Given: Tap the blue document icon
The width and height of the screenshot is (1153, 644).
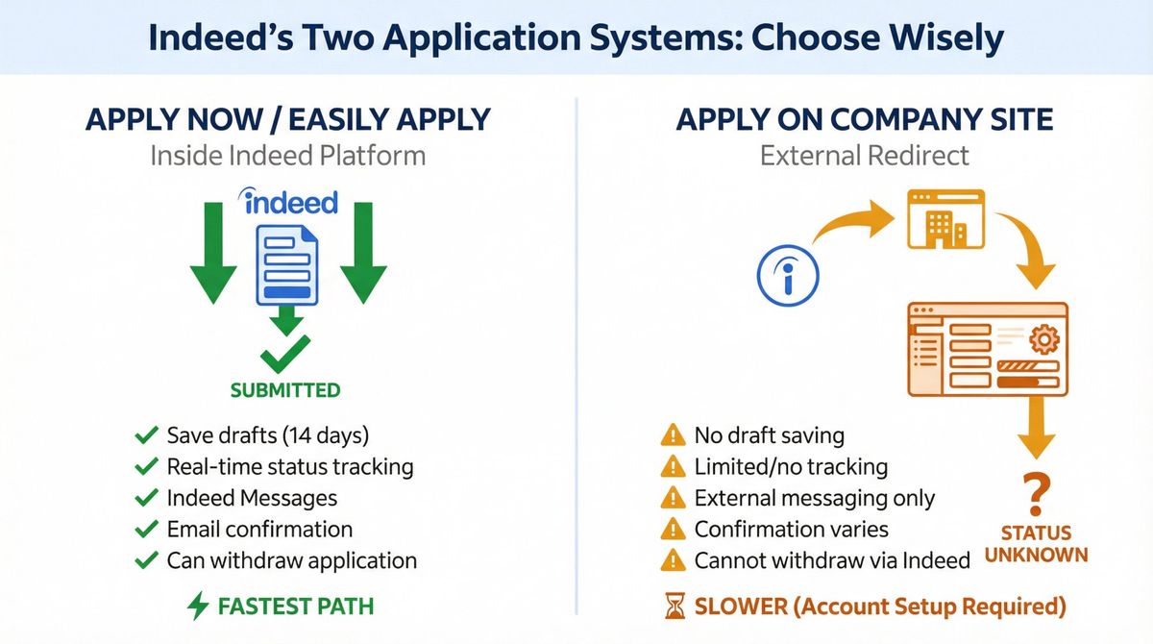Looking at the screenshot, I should [287, 265].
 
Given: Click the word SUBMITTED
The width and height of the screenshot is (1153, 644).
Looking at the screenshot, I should [284, 390].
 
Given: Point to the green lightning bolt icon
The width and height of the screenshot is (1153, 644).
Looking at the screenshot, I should [197, 606].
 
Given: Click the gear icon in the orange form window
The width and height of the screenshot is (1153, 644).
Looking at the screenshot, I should [1042, 340].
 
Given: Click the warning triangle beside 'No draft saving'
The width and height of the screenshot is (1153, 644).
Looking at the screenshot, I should [673, 435].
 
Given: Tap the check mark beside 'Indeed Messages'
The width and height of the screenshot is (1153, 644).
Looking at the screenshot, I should [146, 498].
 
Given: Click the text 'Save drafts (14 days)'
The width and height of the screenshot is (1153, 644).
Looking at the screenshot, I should [267, 435].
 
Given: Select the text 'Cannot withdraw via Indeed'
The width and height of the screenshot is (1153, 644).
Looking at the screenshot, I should [832, 559].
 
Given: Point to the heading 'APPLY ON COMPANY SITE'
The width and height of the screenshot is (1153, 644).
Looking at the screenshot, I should [865, 120].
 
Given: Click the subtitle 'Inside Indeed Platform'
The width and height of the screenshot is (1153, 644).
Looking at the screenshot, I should [287, 155].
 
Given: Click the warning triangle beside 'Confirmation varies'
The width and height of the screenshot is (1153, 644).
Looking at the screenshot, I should [673, 529].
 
